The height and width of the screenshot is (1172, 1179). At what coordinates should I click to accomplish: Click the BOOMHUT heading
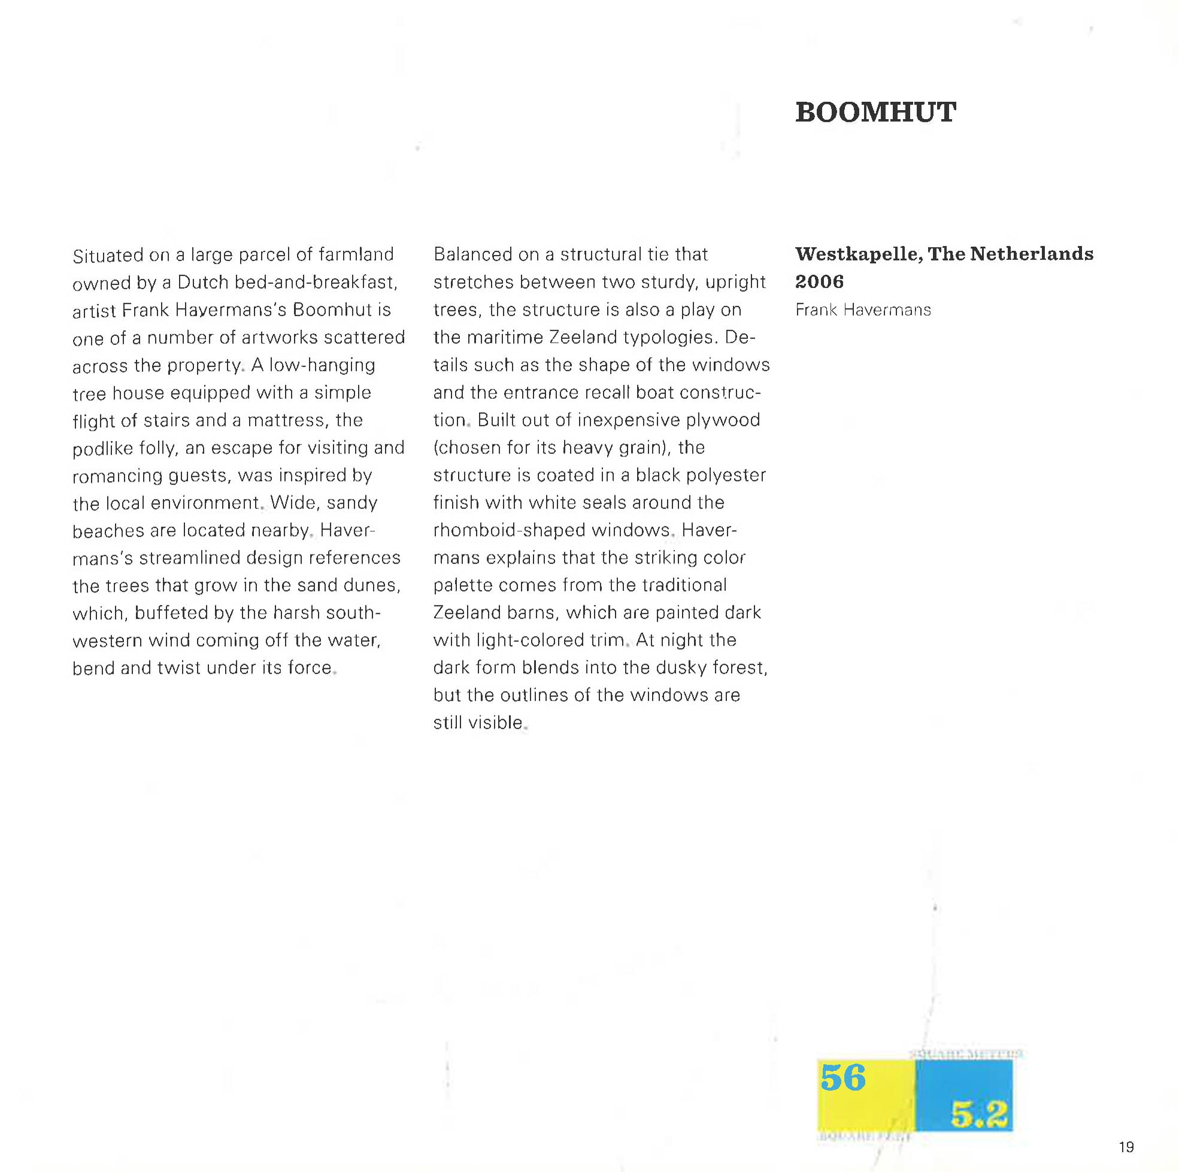[875, 113]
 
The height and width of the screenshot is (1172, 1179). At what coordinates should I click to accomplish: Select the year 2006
[819, 281]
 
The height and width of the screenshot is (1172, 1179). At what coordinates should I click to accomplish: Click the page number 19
[1126, 1147]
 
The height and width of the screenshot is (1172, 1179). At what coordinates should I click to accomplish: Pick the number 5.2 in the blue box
[978, 1116]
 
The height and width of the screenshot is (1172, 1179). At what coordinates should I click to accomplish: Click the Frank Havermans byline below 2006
[863, 310]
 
